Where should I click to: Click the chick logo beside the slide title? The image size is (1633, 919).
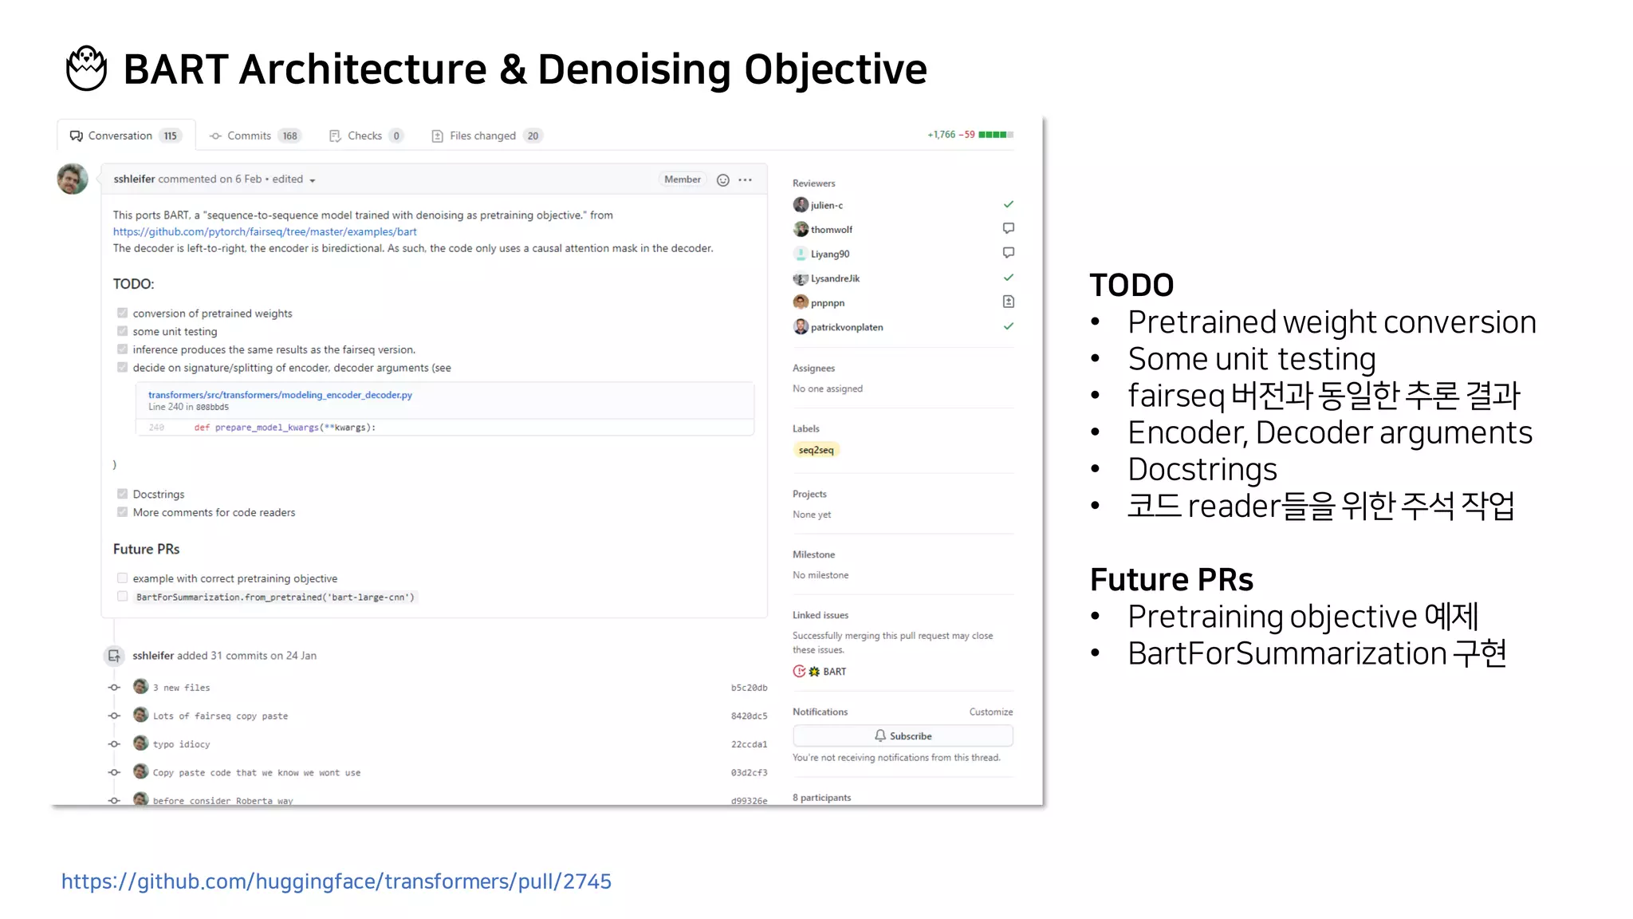[86, 69]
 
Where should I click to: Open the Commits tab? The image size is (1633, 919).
[249, 136]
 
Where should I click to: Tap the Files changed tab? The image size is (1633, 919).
[482, 136]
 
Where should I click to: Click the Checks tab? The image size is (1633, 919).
[364, 136]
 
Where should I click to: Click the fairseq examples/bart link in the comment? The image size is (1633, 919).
[265, 231]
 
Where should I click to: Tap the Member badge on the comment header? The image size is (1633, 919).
[683, 179]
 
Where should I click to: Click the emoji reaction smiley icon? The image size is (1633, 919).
[723, 180]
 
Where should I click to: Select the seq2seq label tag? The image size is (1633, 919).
[816, 450]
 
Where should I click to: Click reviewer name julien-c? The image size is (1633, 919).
[827, 205]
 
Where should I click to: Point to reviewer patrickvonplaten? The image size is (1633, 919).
[847, 327]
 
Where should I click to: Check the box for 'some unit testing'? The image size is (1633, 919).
[123, 331]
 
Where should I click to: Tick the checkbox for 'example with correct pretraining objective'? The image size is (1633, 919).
[123, 578]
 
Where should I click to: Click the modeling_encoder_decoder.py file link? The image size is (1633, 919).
[280, 395]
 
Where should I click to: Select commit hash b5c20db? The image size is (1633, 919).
[749, 688]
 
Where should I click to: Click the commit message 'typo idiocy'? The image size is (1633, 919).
[182, 744]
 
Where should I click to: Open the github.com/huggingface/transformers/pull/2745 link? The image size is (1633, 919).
[336, 882]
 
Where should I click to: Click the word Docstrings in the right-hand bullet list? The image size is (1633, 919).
[1202, 469]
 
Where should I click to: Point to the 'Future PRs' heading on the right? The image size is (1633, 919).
[1171, 579]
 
